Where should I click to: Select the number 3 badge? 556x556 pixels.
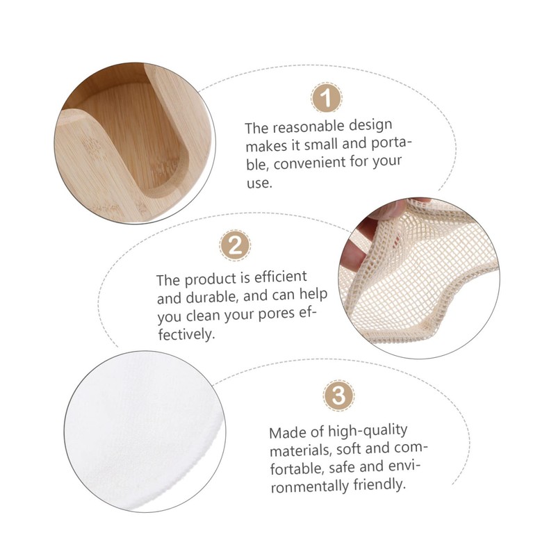338,396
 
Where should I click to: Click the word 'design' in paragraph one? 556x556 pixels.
368,126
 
